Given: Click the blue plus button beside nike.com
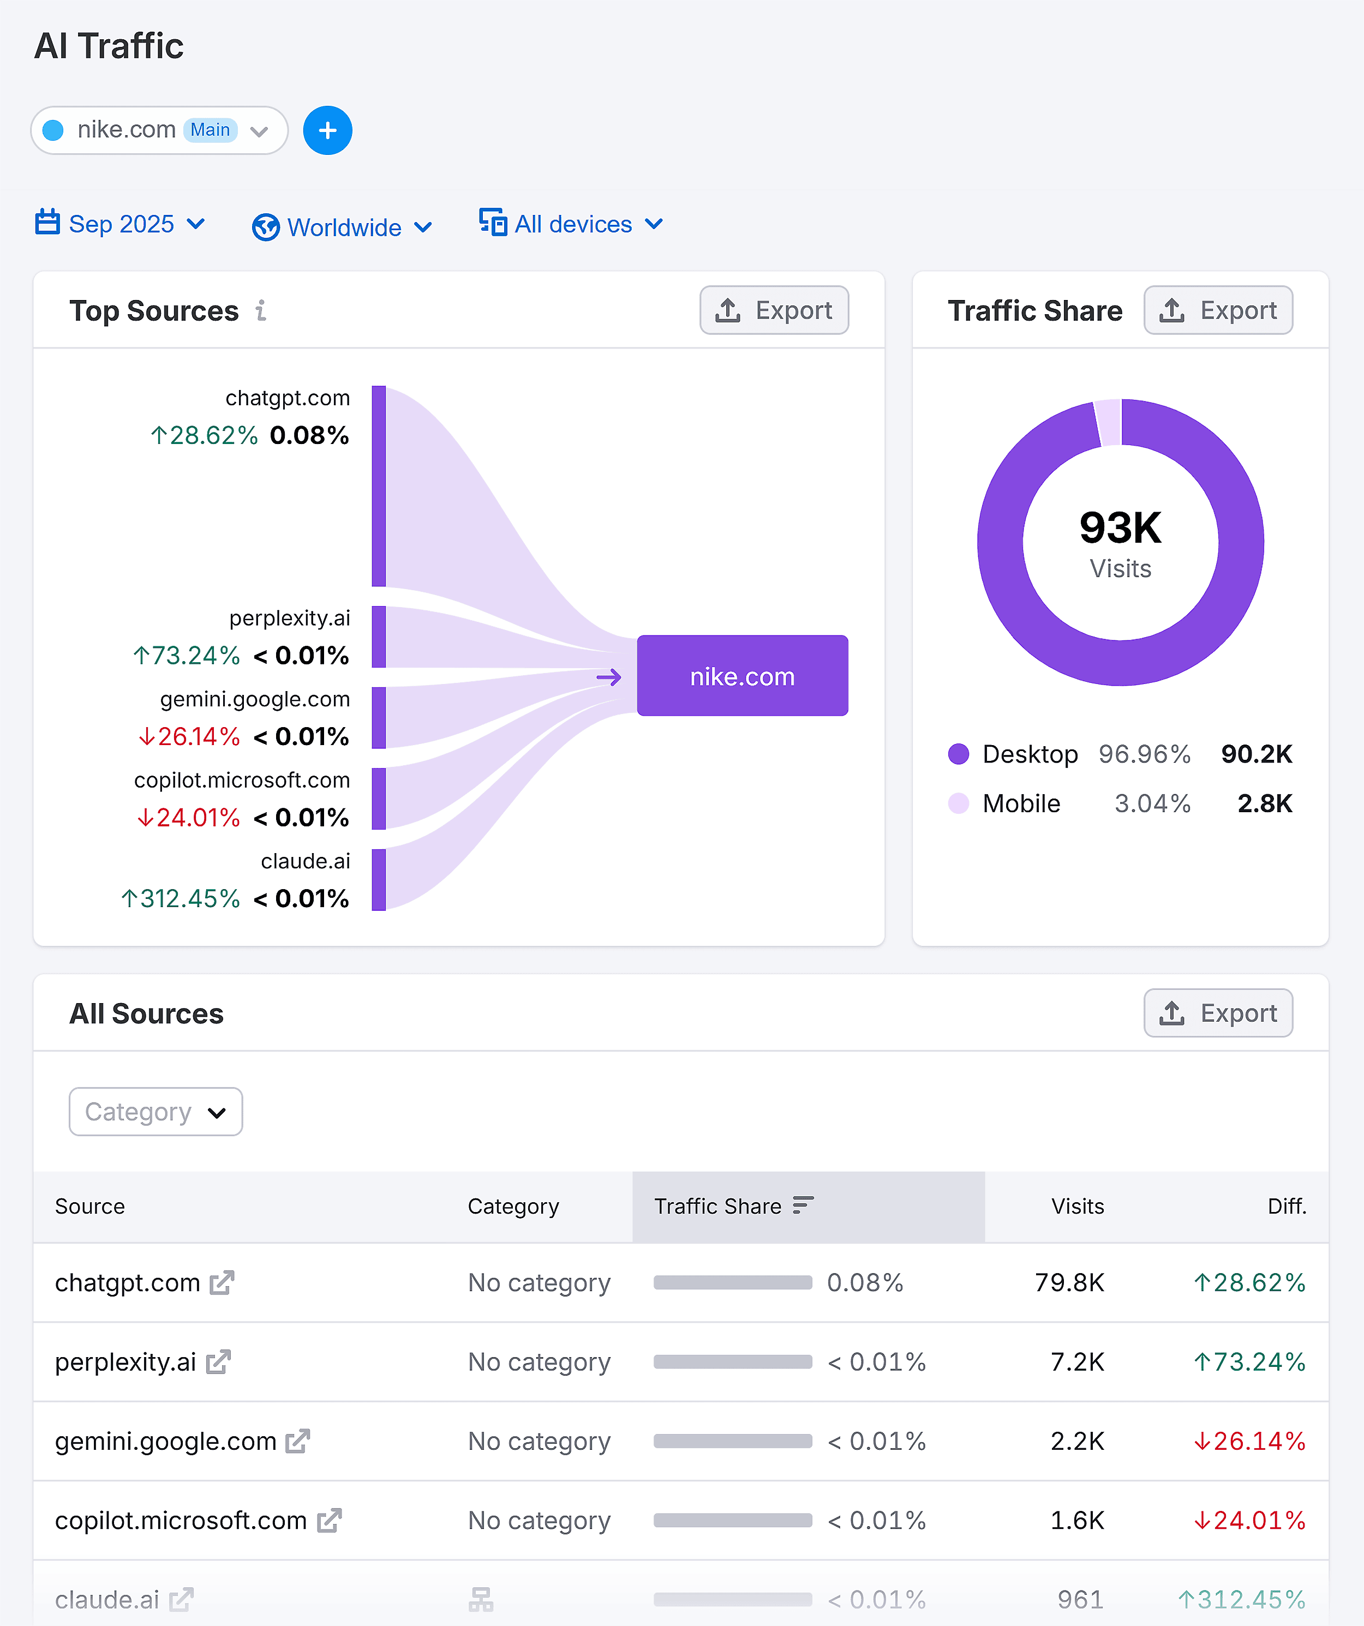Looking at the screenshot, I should [327, 130].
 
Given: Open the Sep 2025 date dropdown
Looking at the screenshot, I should [120, 224].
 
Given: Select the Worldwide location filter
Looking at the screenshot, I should [342, 227].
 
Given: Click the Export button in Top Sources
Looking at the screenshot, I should [774, 310].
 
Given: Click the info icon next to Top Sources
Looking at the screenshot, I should [261, 310].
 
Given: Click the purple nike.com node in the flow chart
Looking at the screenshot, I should [742, 676].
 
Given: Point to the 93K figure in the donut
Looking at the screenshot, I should [1120, 528].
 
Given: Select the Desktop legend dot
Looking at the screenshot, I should [958, 754].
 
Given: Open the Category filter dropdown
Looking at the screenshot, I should [155, 1112].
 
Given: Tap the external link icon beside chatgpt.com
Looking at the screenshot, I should [222, 1283].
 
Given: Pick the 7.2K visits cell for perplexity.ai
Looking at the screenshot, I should [1076, 1362].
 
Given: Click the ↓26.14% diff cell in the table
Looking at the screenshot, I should [1249, 1441].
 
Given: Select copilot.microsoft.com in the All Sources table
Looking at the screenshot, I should [181, 1521].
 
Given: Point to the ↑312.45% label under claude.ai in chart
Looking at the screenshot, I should [181, 898].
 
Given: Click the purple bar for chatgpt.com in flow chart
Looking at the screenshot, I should [379, 486].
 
